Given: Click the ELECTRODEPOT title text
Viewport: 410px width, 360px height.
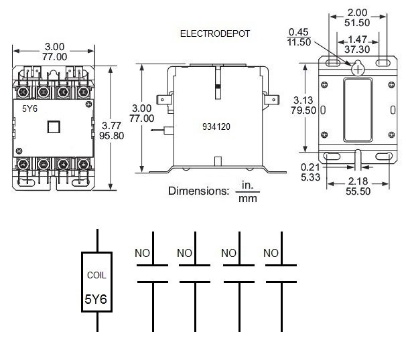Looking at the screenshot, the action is click(x=215, y=33).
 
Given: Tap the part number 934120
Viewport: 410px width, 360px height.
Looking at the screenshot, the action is click(x=216, y=126).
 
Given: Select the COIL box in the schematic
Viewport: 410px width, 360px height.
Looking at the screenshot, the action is click(x=96, y=282).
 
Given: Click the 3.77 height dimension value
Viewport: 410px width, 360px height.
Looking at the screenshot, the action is click(x=111, y=126).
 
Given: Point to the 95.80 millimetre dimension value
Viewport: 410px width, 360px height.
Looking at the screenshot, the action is click(x=111, y=136).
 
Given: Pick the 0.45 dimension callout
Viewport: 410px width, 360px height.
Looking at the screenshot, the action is click(x=299, y=32).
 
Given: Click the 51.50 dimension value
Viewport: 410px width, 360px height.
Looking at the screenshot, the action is click(x=357, y=23).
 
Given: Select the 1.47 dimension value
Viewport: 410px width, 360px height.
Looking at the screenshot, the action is click(x=357, y=39).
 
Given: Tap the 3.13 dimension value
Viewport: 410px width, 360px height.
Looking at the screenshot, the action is click(x=303, y=100).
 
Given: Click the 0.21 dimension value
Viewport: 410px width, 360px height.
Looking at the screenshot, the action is click(x=310, y=167).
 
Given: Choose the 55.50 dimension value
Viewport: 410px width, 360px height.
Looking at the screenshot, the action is click(x=358, y=191).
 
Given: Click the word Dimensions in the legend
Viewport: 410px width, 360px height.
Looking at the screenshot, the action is click(x=198, y=191).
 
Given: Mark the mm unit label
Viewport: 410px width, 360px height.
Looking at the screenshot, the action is click(x=248, y=199).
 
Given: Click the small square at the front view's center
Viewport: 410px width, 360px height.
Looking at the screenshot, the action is click(x=54, y=127).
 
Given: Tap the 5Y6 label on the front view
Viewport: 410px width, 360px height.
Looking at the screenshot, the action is click(x=29, y=108).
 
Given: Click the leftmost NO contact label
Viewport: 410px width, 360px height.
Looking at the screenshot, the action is click(x=142, y=253).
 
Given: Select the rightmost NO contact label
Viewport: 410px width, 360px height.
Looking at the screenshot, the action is click(x=271, y=253).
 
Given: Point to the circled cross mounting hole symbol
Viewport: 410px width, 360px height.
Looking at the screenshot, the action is click(x=358, y=69).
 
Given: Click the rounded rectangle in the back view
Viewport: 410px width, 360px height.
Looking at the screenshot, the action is click(x=358, y=110).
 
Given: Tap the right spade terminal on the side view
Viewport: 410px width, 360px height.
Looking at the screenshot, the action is click(x=272, y=100).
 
